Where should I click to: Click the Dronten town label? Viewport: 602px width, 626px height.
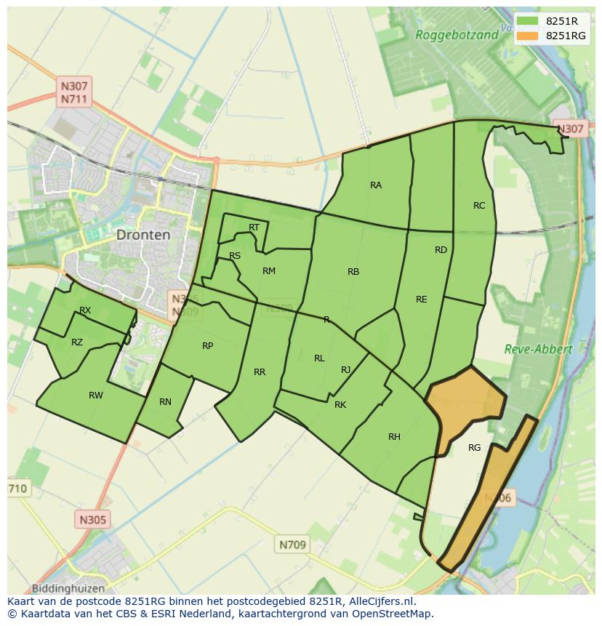click(143, 235)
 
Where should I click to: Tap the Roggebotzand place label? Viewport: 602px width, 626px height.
click(457, 34)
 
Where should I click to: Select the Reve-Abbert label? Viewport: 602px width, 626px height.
click(538, 349)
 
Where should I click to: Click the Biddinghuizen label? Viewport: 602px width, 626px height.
click(68, 588)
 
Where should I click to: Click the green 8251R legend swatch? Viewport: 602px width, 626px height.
click(528, 21)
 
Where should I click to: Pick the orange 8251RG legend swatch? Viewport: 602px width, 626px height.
click(528, 36)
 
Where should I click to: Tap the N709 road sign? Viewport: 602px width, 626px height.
click(293, 544)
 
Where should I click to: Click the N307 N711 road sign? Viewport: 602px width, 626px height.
click(74, 92)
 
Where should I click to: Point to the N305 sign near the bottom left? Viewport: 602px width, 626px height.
click(92, 520)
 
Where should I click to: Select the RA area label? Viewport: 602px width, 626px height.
click(376, 185)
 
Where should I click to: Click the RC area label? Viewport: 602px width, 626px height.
click(479, 206)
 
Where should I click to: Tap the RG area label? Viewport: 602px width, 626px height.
click(474, 448)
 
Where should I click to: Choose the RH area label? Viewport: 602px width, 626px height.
click(394, 437)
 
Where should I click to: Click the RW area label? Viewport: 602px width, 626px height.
click(96, 396)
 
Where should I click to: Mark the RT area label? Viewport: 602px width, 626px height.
click(254, 228)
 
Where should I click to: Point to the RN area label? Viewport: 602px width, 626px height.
click(165, 402)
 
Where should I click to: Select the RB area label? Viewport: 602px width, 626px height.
click(353, 272)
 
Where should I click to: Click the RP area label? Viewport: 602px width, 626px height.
click(208, 346)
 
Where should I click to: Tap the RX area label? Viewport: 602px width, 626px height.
click(85, 310)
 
